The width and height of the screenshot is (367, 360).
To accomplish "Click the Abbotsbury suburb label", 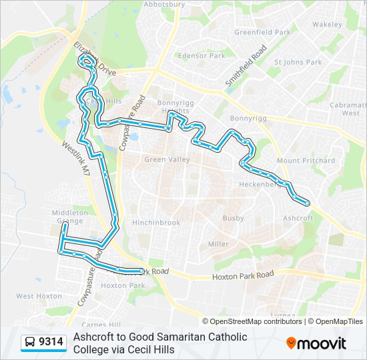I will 163,4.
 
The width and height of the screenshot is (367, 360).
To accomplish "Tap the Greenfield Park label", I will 262,32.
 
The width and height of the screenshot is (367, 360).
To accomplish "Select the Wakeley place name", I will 326,25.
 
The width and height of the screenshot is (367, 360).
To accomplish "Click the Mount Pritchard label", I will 306,161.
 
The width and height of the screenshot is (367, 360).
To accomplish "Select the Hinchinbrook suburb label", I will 155,223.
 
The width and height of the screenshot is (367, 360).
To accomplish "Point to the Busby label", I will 234,218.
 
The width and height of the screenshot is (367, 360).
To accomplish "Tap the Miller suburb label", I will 218,245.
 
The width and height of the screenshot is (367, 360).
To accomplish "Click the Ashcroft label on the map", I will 298,218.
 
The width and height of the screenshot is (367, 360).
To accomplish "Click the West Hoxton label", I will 39,296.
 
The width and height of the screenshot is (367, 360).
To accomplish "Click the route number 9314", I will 51,343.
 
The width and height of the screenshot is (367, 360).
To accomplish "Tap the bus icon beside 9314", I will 30,343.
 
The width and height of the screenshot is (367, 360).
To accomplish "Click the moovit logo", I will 317,343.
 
